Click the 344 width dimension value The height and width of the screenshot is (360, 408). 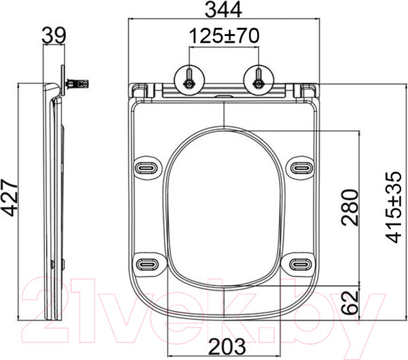[224, 10]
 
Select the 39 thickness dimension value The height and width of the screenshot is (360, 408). [54, 35]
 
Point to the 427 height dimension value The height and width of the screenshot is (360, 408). [10, 198]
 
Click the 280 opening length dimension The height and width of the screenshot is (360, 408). [350, 207]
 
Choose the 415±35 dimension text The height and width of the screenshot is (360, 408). [394, 207]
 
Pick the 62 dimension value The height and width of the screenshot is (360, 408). [350, 302]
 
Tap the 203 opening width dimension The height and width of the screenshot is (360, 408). [227, 346]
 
